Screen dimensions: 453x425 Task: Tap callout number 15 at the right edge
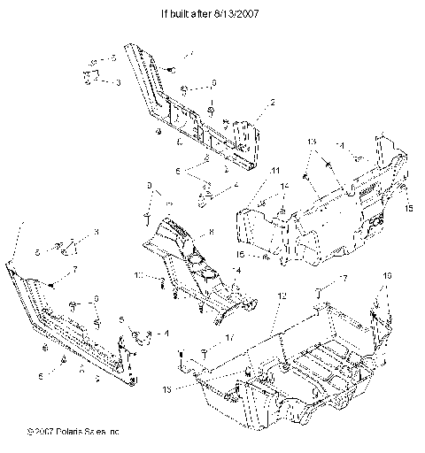[409, 209]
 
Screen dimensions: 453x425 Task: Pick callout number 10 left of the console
[138, 275]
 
